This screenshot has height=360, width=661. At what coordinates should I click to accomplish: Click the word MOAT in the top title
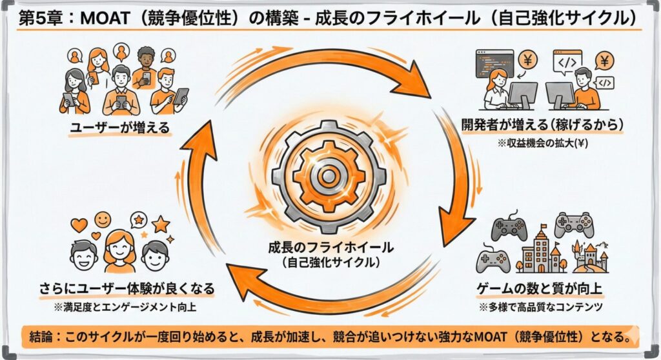pyautogui.click(x=103, y=18)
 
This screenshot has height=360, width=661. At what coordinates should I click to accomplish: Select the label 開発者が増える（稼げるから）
pyautogui.click(x=542, y=125)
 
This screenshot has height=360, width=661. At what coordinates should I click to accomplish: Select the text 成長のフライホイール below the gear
pyautogui.click(x=330, y=248)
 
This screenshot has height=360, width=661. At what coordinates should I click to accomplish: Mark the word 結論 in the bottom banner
pyautogui.click(x=40, y=336)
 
